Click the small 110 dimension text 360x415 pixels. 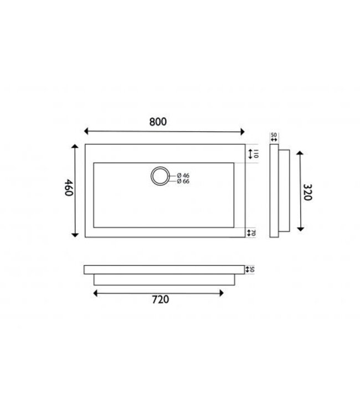(x=256, y=153)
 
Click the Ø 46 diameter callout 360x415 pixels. (x=182, y=175)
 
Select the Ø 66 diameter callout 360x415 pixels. (x=182, y=181)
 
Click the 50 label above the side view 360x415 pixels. (x=274, y=134)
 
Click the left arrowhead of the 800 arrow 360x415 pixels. (x=86, y=131)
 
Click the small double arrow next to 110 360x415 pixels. (x=250, y=153)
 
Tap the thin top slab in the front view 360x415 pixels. (x=164, y=269)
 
